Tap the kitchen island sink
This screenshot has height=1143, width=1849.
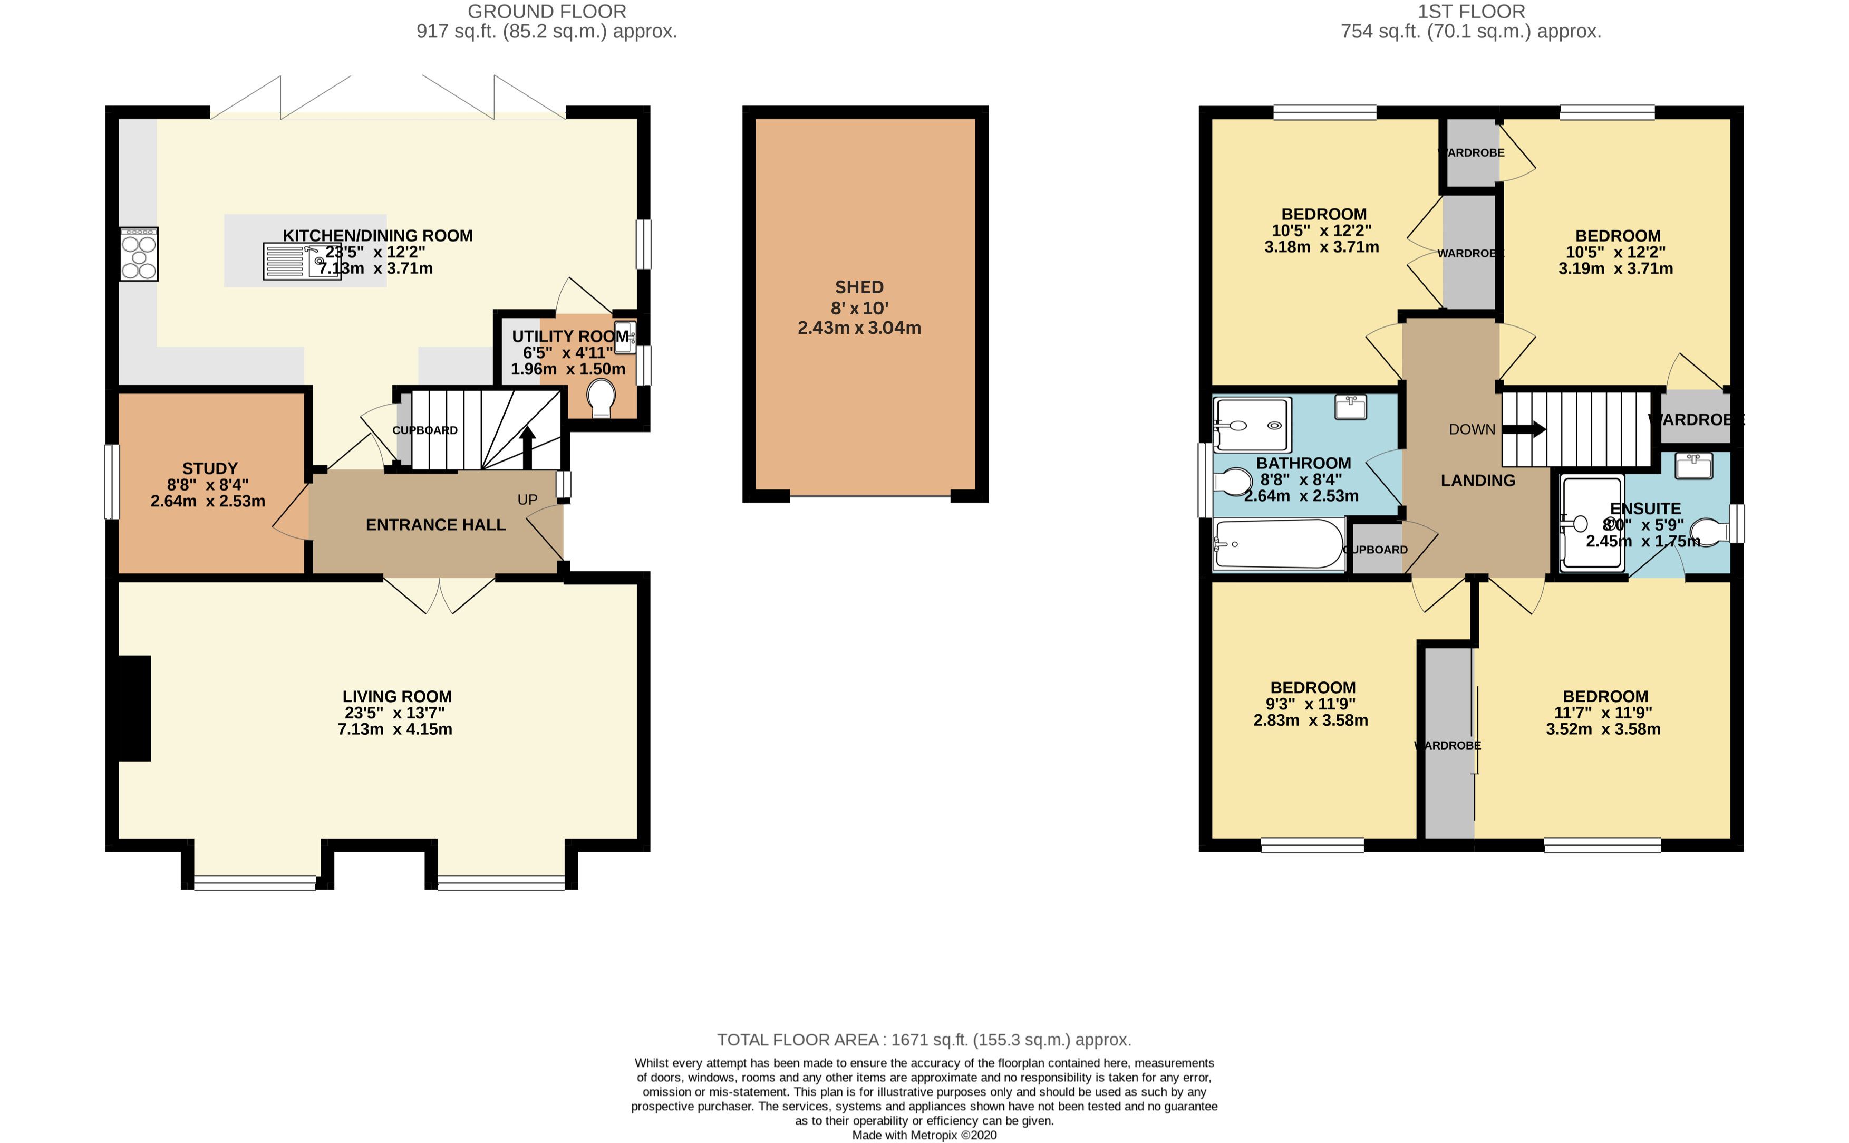click(302, 262)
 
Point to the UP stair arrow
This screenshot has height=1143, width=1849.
click(527, 447)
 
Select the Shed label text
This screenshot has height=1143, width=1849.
click(859, 287)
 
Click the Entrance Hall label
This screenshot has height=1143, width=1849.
click(435, 525)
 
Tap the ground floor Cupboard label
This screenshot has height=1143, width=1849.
click(424, 430)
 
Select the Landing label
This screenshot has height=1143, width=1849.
click(1477, 480)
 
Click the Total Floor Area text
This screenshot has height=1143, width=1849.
click(923, 1040)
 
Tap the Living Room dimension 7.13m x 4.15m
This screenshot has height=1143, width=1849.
click(394, 729)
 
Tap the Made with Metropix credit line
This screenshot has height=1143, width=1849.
click(923, 1135)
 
